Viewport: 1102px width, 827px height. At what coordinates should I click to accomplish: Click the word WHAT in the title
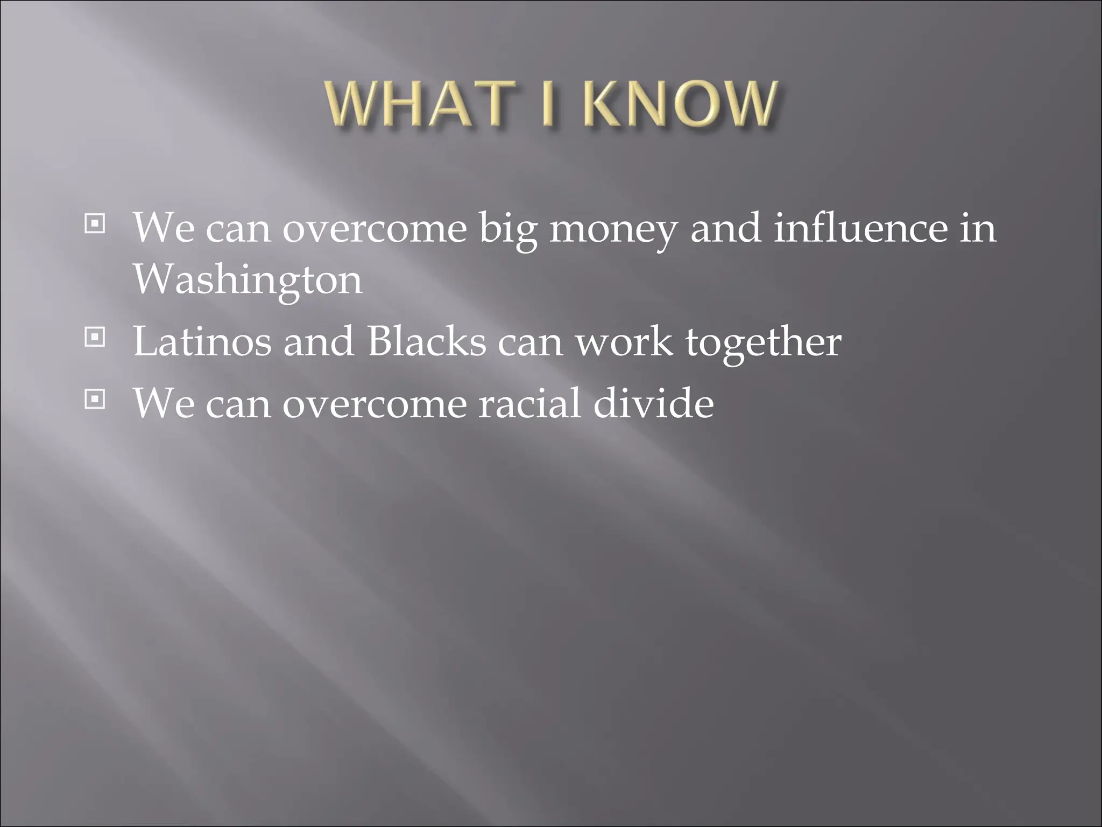414,104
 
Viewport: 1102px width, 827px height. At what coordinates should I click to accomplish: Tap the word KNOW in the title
679,104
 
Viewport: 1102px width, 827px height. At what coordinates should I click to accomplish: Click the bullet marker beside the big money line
94,223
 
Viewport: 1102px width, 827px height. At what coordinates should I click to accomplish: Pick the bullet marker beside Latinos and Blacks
94,338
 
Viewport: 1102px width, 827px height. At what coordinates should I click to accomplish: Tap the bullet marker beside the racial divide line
94,399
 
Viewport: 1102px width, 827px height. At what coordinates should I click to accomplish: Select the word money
612,229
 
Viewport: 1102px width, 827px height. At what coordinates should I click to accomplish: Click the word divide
654,403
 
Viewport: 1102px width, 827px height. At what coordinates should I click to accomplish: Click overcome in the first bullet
375,229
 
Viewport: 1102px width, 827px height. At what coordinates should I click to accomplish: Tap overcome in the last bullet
375,404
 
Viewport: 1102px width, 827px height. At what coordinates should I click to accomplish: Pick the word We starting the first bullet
164,228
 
